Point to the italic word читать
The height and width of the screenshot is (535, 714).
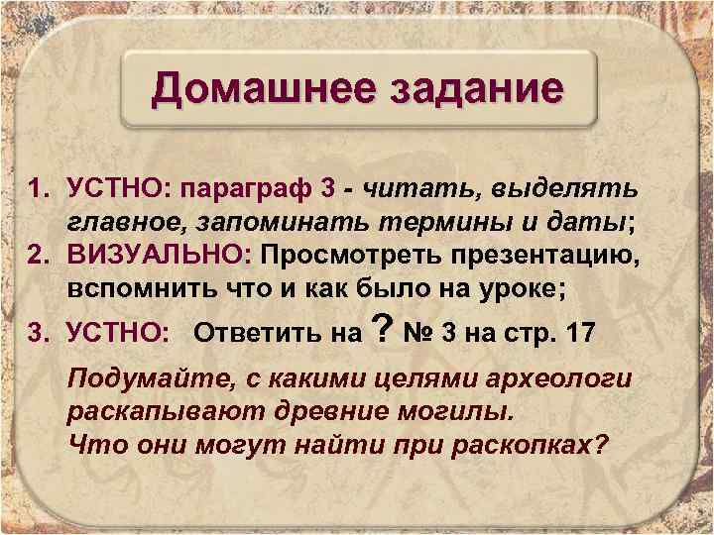(x=422, y=188)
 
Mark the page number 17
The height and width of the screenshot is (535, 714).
(x=578, y=332)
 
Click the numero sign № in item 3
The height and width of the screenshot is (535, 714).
(x=414, y=332)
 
